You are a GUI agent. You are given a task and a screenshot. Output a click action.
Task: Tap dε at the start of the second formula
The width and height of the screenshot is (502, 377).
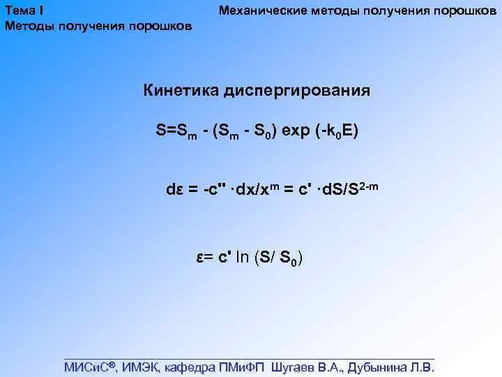[174, 189]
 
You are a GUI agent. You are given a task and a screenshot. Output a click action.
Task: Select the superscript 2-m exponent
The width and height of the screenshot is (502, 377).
[367, 184]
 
